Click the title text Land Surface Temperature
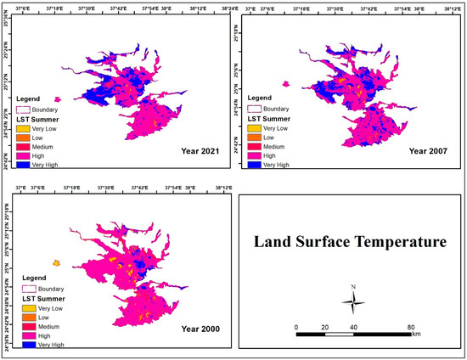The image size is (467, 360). click(349, 243)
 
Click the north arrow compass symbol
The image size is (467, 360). click(355, 303)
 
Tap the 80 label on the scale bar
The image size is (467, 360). click(411, 327)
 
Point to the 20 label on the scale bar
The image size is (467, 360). click(324, 327)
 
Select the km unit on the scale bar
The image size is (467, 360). click(416, 335)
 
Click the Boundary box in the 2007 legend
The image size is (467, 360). click(254, 110)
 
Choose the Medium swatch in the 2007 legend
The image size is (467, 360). click(254, 146)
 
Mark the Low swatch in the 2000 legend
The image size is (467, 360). click(28, 318)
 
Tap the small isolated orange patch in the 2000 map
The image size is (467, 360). click(57, 263)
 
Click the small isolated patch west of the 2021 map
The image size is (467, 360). click(57, 98)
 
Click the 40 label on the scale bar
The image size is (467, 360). click(353, 327)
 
